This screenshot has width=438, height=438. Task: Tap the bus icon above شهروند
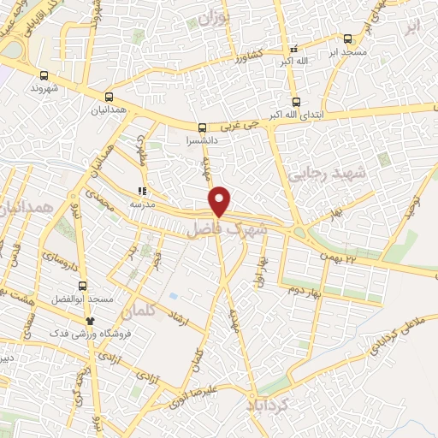44,75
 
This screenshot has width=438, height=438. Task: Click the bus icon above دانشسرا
202,125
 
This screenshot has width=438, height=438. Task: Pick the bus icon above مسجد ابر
347,38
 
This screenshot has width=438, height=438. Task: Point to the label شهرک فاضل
227,230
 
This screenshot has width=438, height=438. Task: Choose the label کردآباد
277,404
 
